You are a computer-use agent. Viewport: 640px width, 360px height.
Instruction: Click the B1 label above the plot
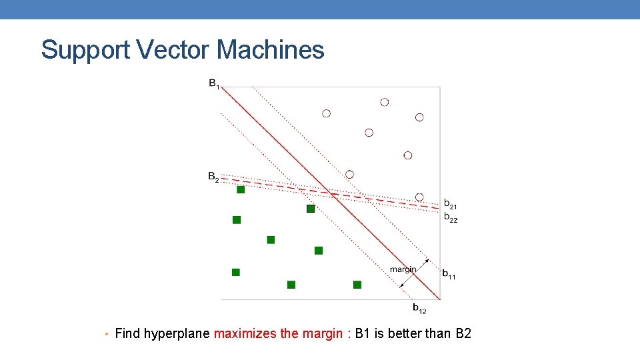tap(213, 84)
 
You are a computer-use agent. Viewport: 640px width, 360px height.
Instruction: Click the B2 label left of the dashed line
tap(213, 177)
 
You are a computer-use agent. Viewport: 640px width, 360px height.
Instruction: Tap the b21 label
tap(451, 204)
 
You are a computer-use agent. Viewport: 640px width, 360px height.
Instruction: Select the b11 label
tap(449, 273)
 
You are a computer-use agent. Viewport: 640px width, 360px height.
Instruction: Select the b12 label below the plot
tap(419, 308)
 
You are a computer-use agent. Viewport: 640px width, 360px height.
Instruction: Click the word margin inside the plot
tap(403, 269)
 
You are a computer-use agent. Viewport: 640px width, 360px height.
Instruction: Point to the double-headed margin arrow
tap(413, 273)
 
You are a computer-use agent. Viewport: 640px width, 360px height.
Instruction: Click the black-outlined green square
tap(310, 209)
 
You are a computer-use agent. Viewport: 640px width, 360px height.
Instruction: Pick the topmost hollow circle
tap(384, 102)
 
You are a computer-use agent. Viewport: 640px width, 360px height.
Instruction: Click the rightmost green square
tap(357, 285)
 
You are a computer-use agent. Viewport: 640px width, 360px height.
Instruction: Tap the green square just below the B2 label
tap(241, 190)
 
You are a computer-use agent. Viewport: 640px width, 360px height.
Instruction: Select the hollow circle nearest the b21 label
tap(419, 197)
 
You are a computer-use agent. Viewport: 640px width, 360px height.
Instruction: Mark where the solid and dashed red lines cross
tap(331, 193)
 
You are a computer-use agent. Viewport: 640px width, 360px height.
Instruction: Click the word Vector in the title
tap(175, 50)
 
